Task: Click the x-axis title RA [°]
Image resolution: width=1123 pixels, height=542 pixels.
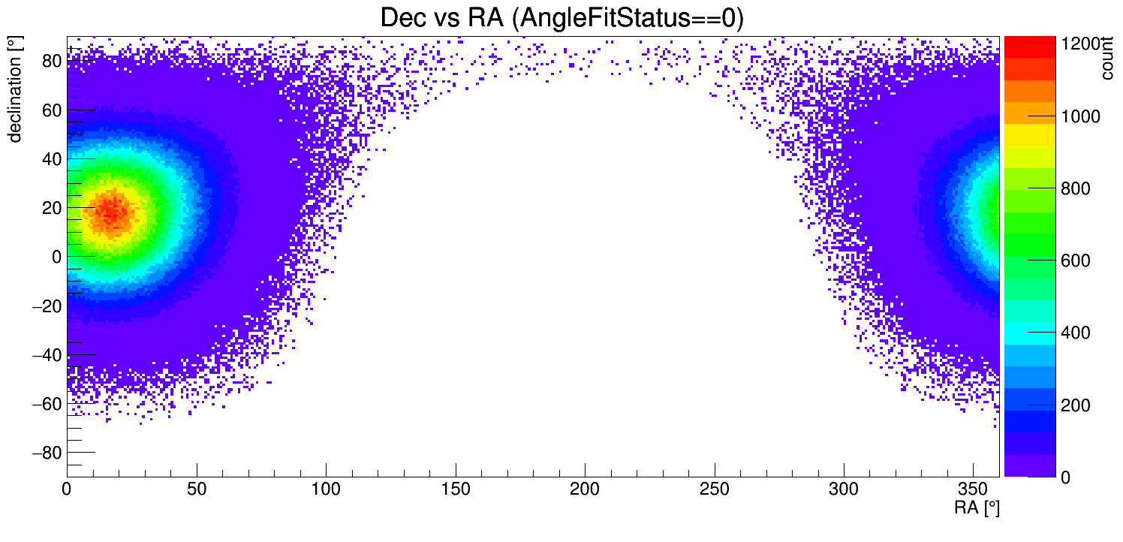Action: coord(977,508)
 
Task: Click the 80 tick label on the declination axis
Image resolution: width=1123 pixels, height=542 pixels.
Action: coord(50,61)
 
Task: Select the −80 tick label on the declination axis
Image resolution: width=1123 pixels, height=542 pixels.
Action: coord(46,453)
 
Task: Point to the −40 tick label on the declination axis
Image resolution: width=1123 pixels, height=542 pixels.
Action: coord(46,354)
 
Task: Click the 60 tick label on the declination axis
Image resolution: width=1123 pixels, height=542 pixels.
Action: coord(50,110)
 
